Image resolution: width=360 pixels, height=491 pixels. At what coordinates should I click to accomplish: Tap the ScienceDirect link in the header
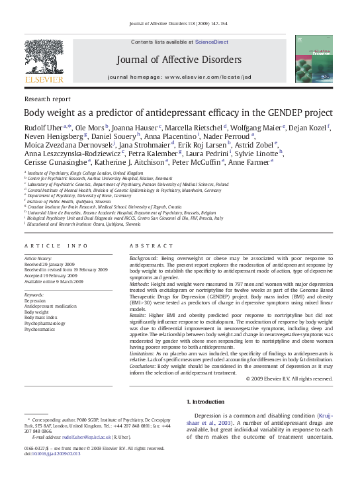click(x=210, y=42)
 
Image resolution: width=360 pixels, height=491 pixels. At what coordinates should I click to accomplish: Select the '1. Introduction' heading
click(x=209, y=402)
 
